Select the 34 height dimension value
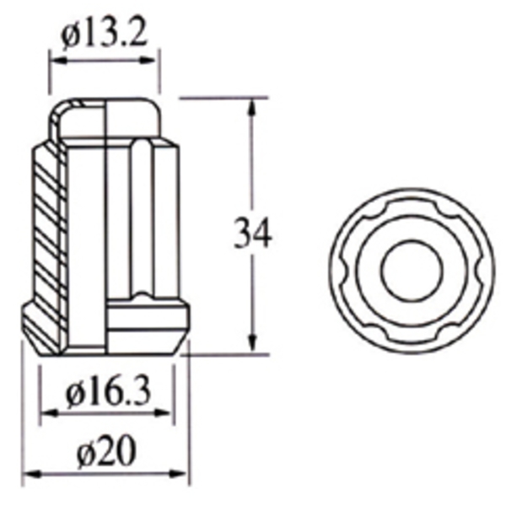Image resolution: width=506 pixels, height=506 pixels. click(252, 234)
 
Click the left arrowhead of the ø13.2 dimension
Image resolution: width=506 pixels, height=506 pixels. click(56, 60)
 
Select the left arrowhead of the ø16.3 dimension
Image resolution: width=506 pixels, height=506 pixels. click(46, 413)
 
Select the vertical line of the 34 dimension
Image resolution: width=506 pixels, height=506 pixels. click(252, 169)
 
